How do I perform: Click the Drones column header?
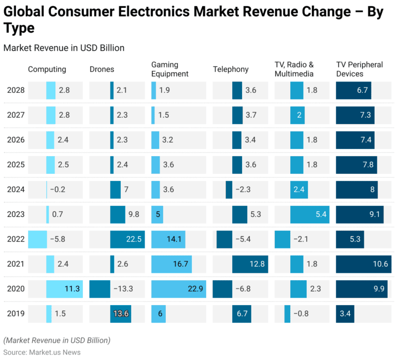coord(102,70)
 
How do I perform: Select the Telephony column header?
coord(231,70)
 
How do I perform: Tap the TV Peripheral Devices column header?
coord(360,69)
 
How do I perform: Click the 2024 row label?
coord(16,189)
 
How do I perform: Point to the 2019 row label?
coord(16,313)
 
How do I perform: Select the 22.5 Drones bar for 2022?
coord(127,239)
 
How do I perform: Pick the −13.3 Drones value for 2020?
coord(123,289)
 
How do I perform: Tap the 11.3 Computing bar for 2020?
coord(64,289)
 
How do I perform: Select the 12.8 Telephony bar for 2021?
coord(250,264)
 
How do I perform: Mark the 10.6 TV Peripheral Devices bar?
coord(363,264)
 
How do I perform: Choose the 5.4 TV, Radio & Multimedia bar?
coord(309,214)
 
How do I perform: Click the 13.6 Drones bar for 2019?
coord(120,313)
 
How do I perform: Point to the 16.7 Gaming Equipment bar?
coord(172,264)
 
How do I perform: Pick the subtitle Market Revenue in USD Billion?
coord(64,48)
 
